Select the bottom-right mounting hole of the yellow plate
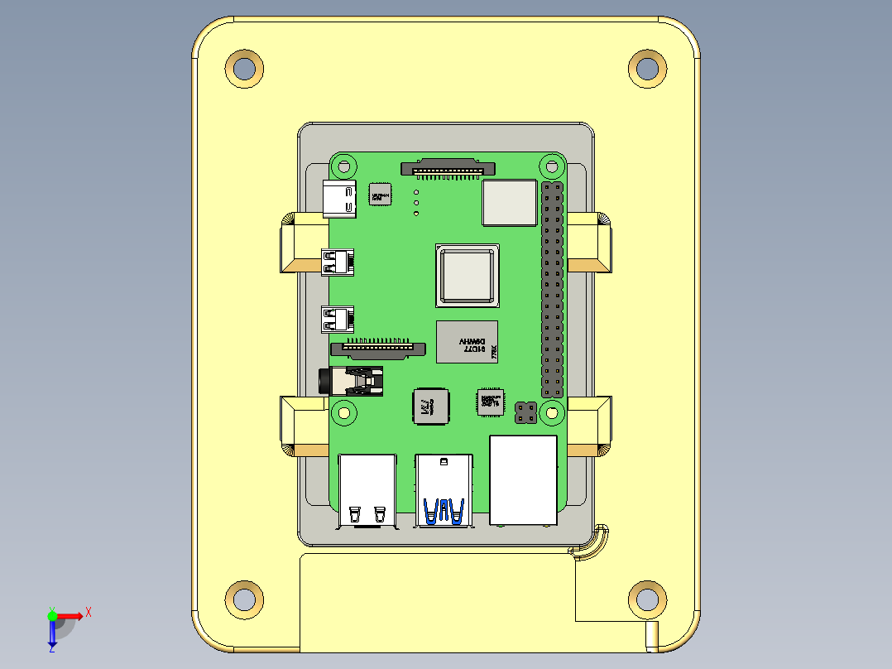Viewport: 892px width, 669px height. coord(647,597)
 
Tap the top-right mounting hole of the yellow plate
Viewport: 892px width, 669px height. coord(647,67)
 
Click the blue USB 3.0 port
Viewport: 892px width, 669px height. coord(444,490)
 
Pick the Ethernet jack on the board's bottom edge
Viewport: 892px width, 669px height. coord(523,480)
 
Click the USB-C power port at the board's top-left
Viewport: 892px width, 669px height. coord(338,199)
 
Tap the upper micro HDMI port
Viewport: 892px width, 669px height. coord(337,262)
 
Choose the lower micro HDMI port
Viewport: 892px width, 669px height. coord(337,319)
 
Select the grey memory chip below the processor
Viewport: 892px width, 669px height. coord(467,341)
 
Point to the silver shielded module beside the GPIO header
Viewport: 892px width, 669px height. coord(509,202)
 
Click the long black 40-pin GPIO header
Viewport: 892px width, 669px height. coord(553,289)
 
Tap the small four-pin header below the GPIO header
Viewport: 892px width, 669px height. coord(525,412)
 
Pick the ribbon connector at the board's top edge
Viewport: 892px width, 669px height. coord(448,168)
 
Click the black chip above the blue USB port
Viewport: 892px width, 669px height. coord(430,407)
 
